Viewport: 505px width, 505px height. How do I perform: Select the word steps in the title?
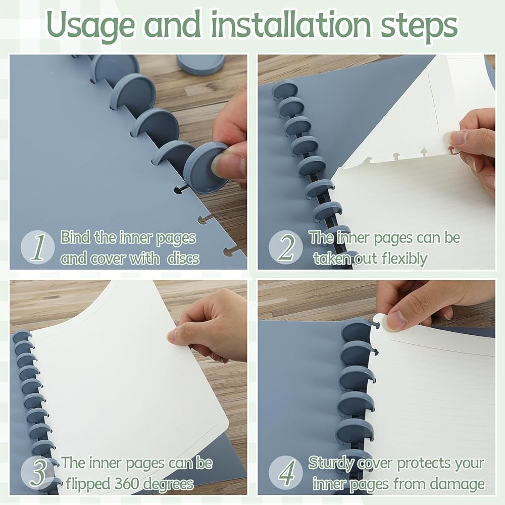point(419,26)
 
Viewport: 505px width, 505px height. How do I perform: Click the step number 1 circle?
point(38,247)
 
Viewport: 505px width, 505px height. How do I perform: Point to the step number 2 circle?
point(286,247)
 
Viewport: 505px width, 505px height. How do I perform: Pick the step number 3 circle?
point(38,473)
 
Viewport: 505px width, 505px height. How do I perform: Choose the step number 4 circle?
point(286,473)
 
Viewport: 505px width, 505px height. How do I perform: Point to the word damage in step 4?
point(458,484)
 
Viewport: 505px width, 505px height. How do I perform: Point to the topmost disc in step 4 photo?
point(356,332)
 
